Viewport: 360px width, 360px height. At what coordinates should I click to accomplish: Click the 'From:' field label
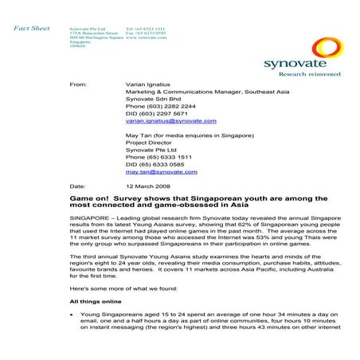pyautogui.click(x=78, y=83)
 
